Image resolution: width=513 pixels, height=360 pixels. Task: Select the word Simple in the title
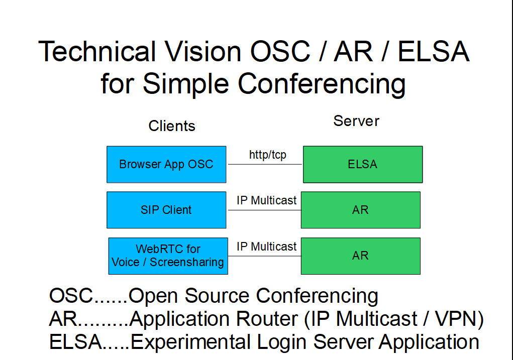tap(186, 83)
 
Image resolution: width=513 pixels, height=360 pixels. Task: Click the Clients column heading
tap(172, 126)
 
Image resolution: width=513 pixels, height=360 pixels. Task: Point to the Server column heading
tap(356, 121)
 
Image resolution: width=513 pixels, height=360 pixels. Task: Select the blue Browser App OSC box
tap(166, 164)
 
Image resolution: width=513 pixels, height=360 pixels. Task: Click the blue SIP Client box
tap(166, 210)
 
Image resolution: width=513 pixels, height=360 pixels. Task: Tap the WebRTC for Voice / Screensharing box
tap(168, 256)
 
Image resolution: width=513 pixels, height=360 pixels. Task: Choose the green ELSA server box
tap(362, 164)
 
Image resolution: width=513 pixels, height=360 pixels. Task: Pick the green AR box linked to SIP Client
tap(360, 210)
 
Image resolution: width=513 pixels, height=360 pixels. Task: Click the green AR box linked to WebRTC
tap(360, 256)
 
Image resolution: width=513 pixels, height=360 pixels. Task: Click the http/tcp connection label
tap(267, 155)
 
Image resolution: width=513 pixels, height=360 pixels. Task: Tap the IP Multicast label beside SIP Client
tap(266, 200)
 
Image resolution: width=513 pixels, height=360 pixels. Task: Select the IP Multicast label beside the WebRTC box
tap(266, 247)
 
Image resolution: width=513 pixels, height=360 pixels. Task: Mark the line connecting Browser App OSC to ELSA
tap(264, 164)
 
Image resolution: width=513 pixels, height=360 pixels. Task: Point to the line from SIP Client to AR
tap(263, 210)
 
